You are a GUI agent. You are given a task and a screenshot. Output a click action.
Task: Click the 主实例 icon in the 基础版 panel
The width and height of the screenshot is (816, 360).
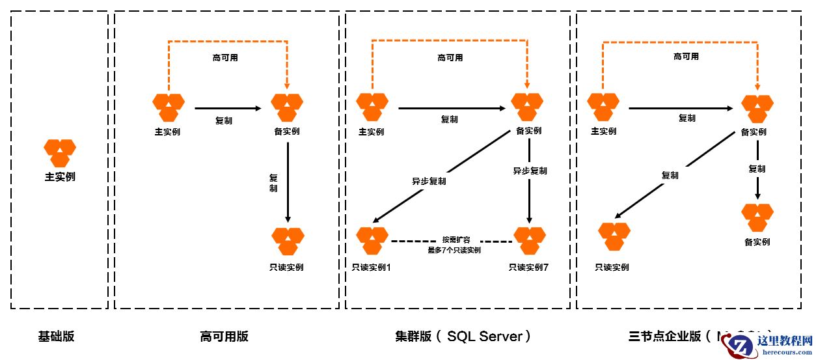60,153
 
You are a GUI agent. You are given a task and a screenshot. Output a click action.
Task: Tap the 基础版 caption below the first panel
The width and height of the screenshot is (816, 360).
56,337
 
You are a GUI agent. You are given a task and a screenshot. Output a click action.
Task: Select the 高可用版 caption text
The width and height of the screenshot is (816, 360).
224,337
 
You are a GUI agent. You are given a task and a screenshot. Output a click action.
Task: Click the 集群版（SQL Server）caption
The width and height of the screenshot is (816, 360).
463,337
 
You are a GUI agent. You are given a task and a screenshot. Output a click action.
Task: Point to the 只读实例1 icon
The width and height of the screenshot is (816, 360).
372,240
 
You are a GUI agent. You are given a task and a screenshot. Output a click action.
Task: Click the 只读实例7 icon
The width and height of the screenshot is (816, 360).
530,240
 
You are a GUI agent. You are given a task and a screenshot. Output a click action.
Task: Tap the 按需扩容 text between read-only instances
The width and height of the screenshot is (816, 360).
454,240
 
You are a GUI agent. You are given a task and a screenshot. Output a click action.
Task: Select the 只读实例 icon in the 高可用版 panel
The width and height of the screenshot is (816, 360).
288,241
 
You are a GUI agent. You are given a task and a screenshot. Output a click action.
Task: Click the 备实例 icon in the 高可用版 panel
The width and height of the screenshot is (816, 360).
287,107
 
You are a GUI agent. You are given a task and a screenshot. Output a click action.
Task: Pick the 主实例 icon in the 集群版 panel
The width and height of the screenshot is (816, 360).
372,107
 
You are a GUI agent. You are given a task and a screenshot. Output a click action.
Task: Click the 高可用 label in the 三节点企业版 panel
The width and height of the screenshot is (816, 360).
686,57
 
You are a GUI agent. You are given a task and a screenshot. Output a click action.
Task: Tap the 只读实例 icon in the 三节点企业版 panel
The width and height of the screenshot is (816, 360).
614,236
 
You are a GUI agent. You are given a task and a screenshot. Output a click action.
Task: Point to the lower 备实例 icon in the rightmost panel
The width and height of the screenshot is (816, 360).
757,218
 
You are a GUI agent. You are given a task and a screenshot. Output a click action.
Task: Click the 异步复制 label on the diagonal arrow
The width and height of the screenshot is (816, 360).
429,182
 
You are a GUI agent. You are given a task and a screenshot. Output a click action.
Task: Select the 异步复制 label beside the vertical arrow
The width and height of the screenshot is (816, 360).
530,171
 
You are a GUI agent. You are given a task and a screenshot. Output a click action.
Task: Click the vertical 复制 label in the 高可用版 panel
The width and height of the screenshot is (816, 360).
273,183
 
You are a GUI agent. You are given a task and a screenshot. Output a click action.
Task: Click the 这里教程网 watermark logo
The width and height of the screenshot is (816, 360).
770,344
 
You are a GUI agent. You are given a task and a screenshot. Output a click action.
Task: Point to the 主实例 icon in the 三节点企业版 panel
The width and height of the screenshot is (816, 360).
603,107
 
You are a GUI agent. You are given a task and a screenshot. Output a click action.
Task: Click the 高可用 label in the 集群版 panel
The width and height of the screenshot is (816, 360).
450,58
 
